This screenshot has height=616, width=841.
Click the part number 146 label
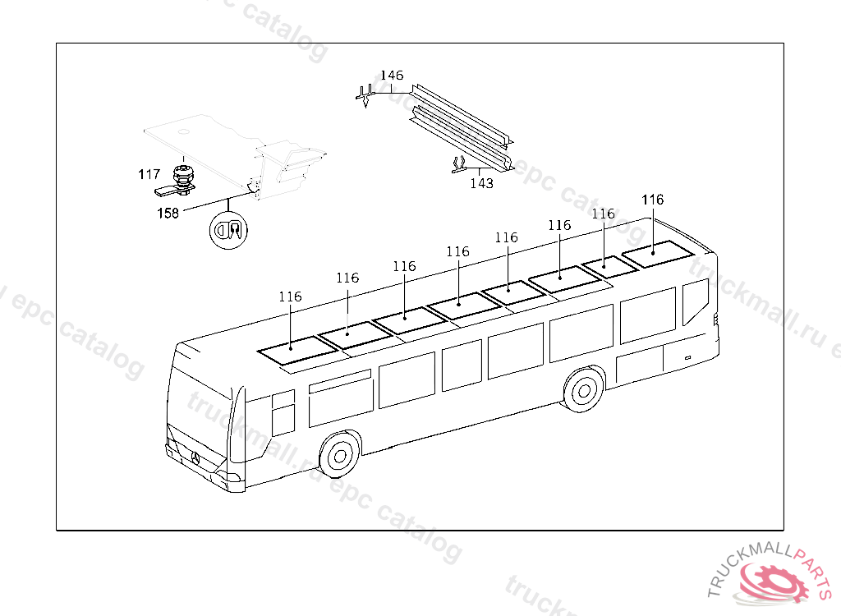click(x=392, y=75)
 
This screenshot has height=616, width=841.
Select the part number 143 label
click(x=481, y=183)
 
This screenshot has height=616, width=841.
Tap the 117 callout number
click(x=149, y=174)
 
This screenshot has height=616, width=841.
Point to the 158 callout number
click(x=168, y=213)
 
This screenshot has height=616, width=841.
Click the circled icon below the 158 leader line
click(x=228, y=230)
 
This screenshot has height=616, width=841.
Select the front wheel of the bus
click(x=339, y=456)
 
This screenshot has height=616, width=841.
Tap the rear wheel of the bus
click(x=584, y=389)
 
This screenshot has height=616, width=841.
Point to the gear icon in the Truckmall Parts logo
click(x=774, y=582)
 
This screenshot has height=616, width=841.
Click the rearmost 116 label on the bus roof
click(x=653, y=200)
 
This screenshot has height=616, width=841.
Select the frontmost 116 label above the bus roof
click(x=290, y=297)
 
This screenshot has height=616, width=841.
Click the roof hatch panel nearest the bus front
click(x=297, y=350)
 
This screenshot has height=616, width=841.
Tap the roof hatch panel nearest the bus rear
click(x=659, y=254)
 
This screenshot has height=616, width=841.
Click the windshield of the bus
click(x=200, y=409)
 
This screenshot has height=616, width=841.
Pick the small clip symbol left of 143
click(x=458, y=165)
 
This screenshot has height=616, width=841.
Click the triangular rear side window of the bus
click(x=695, y=301)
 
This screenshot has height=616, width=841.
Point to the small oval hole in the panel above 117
click(x=184, y=131)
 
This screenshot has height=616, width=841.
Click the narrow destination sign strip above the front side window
click(x=340, y=381)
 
